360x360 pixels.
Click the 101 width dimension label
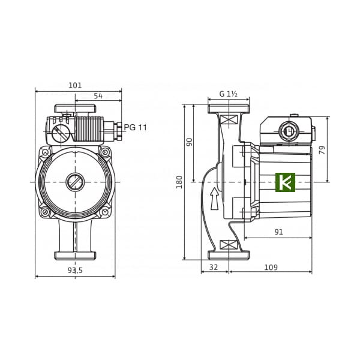(x=75, y=85)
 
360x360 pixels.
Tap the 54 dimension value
(x=98, y=96)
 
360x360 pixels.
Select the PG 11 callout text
(x=135, y=127)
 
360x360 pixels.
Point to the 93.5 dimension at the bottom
(x=75, y=270)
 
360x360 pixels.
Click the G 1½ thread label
(x=228, y=94)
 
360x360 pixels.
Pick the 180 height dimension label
(x=179, y=182)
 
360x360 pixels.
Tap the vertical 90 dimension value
(x=190, y=142)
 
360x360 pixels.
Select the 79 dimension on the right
(x=322, y=150)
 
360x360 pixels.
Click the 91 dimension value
(x=279, y=232)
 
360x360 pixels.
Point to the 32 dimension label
(x=214, y=267)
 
